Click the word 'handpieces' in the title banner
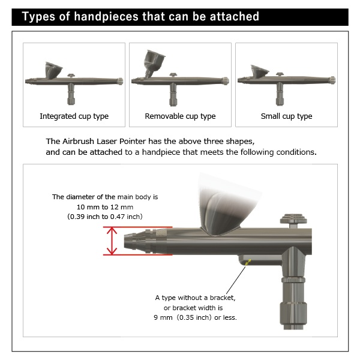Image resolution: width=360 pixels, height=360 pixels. [x=106, y=17]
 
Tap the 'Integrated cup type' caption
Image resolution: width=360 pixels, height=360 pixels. [x=74, y=116]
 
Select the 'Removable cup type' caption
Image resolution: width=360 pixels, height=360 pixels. [x=180, y=116]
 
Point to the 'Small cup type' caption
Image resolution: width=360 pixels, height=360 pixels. [x=286, y=116]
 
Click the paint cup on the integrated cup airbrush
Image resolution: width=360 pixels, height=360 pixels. [x=53, y=70]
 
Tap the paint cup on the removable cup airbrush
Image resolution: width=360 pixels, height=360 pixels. [x=153, y=62]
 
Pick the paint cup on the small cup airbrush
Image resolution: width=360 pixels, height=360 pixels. [x=259, y=71]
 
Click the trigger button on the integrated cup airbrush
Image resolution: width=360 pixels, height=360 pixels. [x=71, y=76]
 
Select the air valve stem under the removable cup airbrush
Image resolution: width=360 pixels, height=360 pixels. [x=173, y=94]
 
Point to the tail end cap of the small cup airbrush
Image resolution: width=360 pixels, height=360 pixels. [x=332, y=80]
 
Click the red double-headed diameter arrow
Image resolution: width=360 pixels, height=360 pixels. [x=112, y=241]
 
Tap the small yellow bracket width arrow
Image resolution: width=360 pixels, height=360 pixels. [x=248, y=262]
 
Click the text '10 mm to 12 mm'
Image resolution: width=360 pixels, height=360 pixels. [x=105, y=207]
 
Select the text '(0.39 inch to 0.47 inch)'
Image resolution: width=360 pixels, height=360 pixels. [x=105, y=217]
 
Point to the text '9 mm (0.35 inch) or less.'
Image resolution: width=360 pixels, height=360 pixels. [x=195, y=317]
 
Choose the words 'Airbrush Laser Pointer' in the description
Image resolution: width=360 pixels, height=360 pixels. [x=104, y=141]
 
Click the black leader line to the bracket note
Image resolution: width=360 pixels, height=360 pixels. [x=236, y=280]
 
